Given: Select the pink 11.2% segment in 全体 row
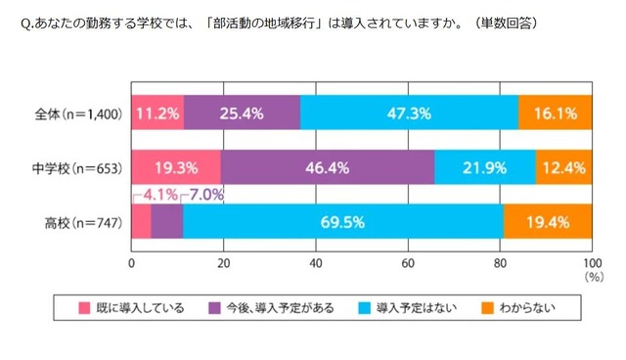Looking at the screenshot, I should (157, 112).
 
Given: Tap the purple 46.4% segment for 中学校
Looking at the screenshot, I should (328, 167).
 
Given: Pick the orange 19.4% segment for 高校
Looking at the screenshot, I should (547, 222).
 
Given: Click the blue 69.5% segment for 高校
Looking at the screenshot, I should (342, 222).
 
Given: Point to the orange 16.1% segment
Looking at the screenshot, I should (554, 112).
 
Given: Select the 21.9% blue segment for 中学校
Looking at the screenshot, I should (484, 167).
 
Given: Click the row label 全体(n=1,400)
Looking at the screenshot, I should (76, 113).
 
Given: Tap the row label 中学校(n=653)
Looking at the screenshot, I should (76, 168).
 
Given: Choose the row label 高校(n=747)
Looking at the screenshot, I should (82, 223).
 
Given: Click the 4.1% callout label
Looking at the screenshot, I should (159, 194).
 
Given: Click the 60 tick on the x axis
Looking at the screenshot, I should (408, 262).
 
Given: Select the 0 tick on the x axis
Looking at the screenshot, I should (131, 262).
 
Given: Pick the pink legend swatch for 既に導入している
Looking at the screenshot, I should (85, 307).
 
